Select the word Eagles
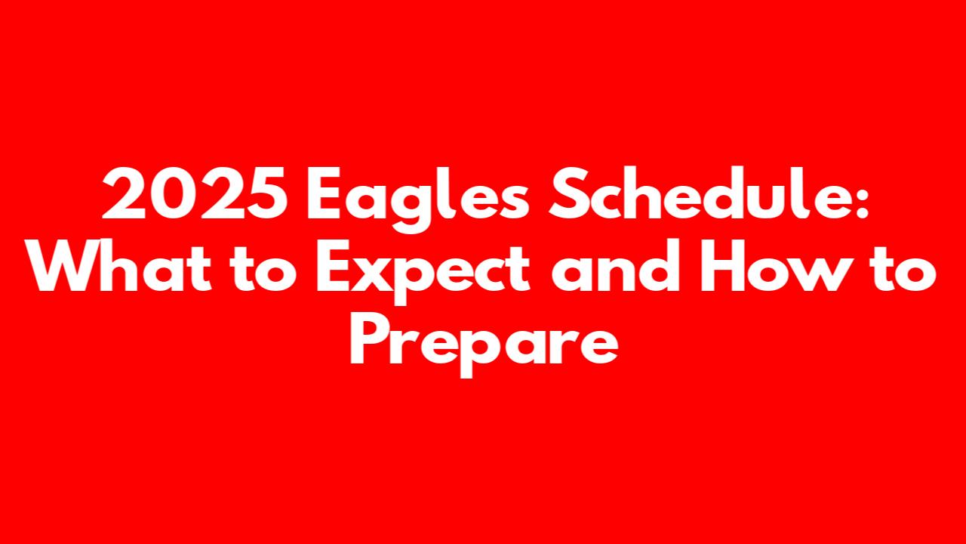(417, 199)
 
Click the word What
(119, 265)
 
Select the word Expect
(423, 272)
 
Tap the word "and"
(615, 265)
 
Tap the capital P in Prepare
(370, 339)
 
